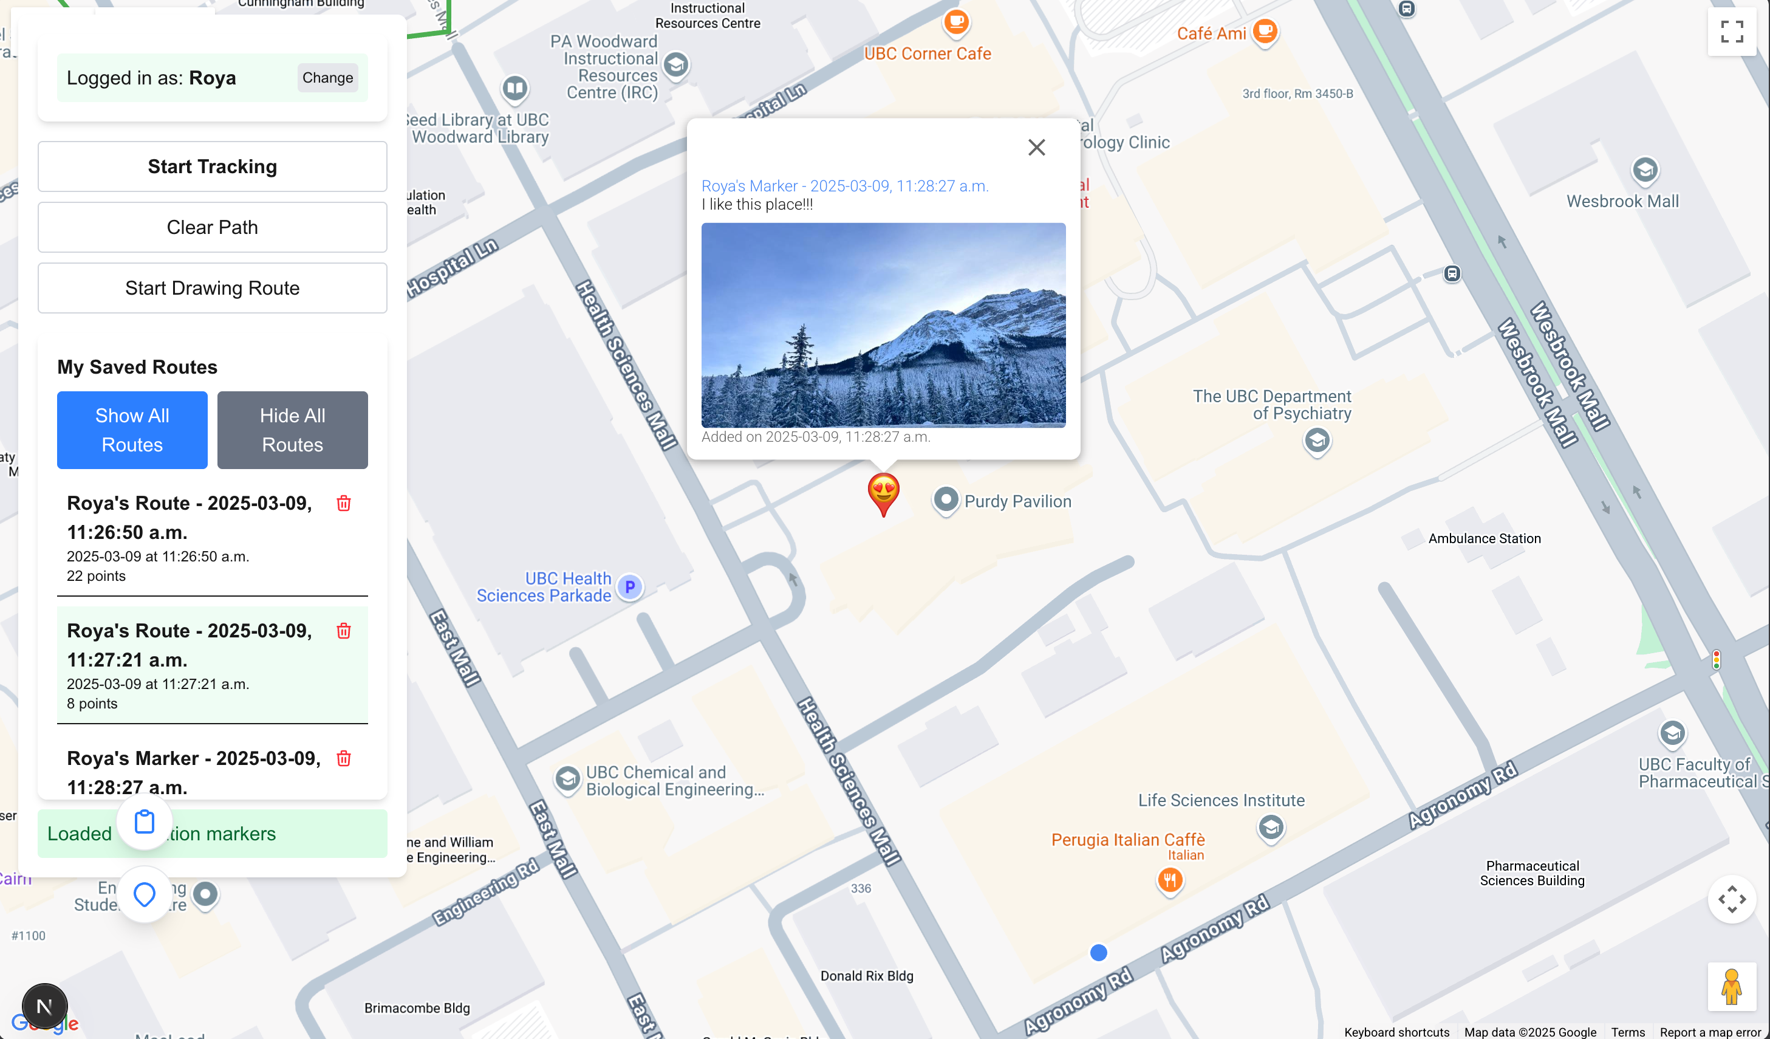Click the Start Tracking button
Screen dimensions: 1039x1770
212,166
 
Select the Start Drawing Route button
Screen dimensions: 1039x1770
212,288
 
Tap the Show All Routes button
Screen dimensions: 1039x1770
132,430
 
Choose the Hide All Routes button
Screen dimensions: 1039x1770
292,430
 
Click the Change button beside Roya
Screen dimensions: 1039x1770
327,78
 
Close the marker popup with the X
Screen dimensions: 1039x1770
1036,148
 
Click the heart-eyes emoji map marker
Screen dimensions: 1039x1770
883,492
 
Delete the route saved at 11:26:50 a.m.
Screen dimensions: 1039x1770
343,504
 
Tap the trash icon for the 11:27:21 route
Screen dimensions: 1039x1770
343,631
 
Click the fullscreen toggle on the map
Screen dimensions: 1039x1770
1731,32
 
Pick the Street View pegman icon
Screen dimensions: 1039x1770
1731,986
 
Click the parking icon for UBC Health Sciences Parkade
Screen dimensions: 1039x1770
630,586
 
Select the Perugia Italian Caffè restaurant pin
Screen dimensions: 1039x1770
1169,880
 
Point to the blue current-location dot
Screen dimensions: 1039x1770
1099,953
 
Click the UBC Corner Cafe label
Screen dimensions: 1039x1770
927,54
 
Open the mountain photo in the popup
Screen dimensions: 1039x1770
883,324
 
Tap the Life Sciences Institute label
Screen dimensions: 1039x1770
1221,801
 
